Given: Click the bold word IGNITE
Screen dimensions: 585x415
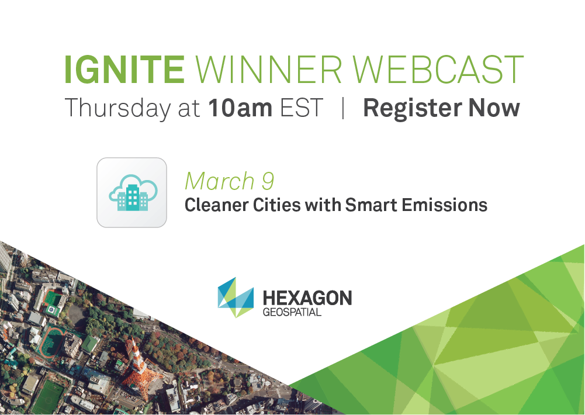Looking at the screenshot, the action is point(124,70).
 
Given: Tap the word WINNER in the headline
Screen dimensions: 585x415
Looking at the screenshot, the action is point(269,70).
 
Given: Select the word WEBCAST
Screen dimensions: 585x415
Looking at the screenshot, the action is point(438,70).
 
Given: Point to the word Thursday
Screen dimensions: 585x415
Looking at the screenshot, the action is point(118,109).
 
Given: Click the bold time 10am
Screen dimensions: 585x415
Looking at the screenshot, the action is point(240,108).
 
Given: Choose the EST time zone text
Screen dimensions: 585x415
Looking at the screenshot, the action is point(302,108).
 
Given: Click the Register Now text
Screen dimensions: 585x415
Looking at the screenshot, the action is point(441,109).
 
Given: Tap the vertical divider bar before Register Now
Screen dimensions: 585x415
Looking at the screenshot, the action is point(343,108).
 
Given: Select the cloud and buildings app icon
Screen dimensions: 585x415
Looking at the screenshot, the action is point(131,192).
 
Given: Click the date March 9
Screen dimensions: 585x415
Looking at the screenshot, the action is point(230,181).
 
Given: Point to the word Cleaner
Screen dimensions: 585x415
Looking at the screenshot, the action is point(216,205).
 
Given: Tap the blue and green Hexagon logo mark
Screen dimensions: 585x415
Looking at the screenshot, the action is point(236,298).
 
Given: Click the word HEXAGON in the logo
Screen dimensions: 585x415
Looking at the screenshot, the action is point(307,298).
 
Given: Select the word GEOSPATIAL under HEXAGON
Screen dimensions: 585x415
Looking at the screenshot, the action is point(292,312).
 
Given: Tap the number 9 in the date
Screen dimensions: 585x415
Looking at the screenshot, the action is point(268,181).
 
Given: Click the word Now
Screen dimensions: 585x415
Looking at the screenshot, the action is point(494,108).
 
